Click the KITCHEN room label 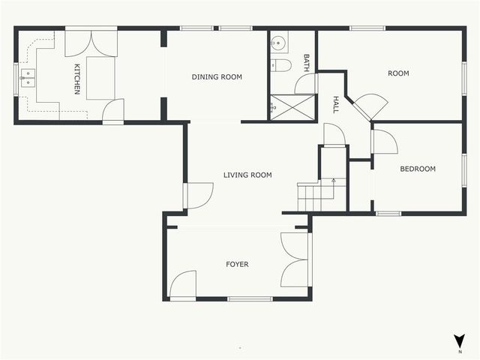[x=76, y=79]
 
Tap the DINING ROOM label [x=217, y=76]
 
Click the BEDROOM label [x=417, y=169]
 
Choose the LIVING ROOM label [x=247, y=175]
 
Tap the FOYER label [x=237, y=264]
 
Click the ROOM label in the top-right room [x=397, y=73]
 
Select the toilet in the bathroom [x=281, y=66]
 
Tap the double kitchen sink [x=28, y=78]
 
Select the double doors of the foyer [x=295, y=259]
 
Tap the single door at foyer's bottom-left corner [x=183, y=285]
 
